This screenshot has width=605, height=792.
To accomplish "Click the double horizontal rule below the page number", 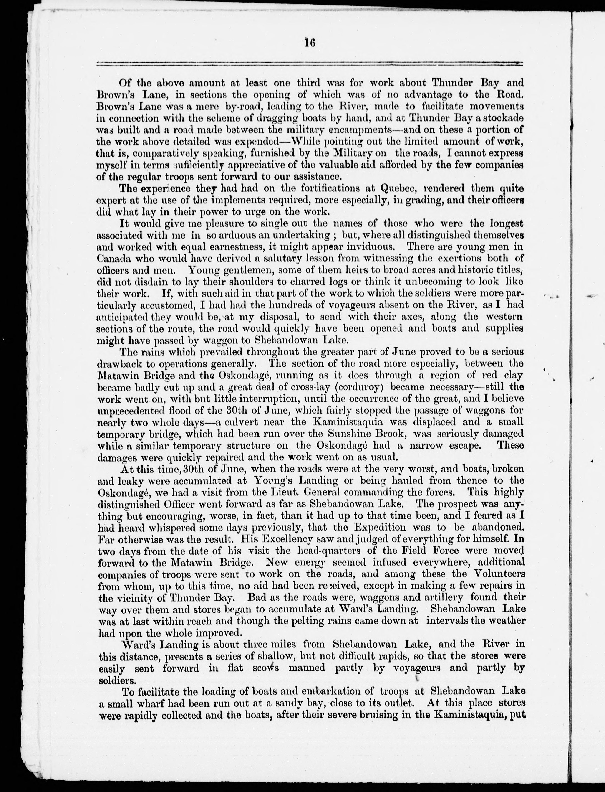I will click(x=310, y=64).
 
